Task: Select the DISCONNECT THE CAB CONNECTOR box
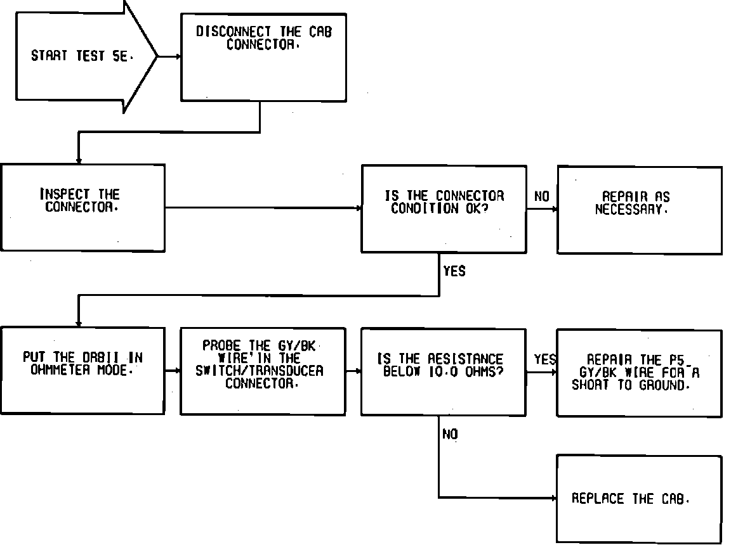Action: coord(263,56)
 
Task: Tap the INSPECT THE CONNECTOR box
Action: coord(82,207)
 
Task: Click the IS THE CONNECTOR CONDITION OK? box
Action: coord(444,209)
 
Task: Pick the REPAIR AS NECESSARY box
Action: coord(639,210)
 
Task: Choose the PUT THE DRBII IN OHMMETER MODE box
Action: coord(82,371)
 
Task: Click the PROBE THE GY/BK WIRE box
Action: coord(263,371)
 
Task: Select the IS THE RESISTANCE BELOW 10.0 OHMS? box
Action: coord(444,371)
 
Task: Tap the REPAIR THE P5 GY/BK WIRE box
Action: coord(639,373)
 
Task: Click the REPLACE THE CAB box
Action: coord(639,499)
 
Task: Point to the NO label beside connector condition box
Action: coord(542,197)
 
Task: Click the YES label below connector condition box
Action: coord(454,271)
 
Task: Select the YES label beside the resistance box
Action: coord(544,359)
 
